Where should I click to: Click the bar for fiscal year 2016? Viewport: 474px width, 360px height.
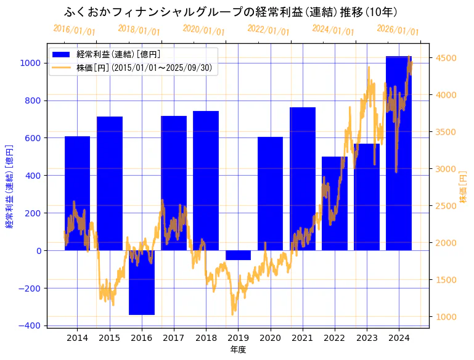coord(142,282)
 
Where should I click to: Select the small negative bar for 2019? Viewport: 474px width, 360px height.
coord(238,255)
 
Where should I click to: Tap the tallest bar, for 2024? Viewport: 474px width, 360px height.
coord(399,154)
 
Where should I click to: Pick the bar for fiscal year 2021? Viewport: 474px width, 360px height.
coord(303,179)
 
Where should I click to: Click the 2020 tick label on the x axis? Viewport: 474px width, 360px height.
coord(270,338)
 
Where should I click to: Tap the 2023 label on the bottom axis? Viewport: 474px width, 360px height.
coord(367,338)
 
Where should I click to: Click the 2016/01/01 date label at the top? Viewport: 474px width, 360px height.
coord(74,30)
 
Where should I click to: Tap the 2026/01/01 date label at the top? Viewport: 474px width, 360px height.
coord(398,30)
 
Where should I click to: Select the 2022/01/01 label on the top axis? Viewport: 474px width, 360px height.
coord(268,30)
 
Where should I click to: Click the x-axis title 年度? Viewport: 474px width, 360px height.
coord(238,350)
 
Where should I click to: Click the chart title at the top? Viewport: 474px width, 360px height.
coord(231,12)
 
